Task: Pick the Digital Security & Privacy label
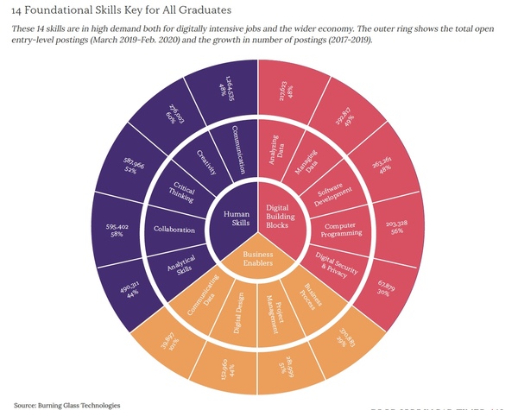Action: tap(332, 263)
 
